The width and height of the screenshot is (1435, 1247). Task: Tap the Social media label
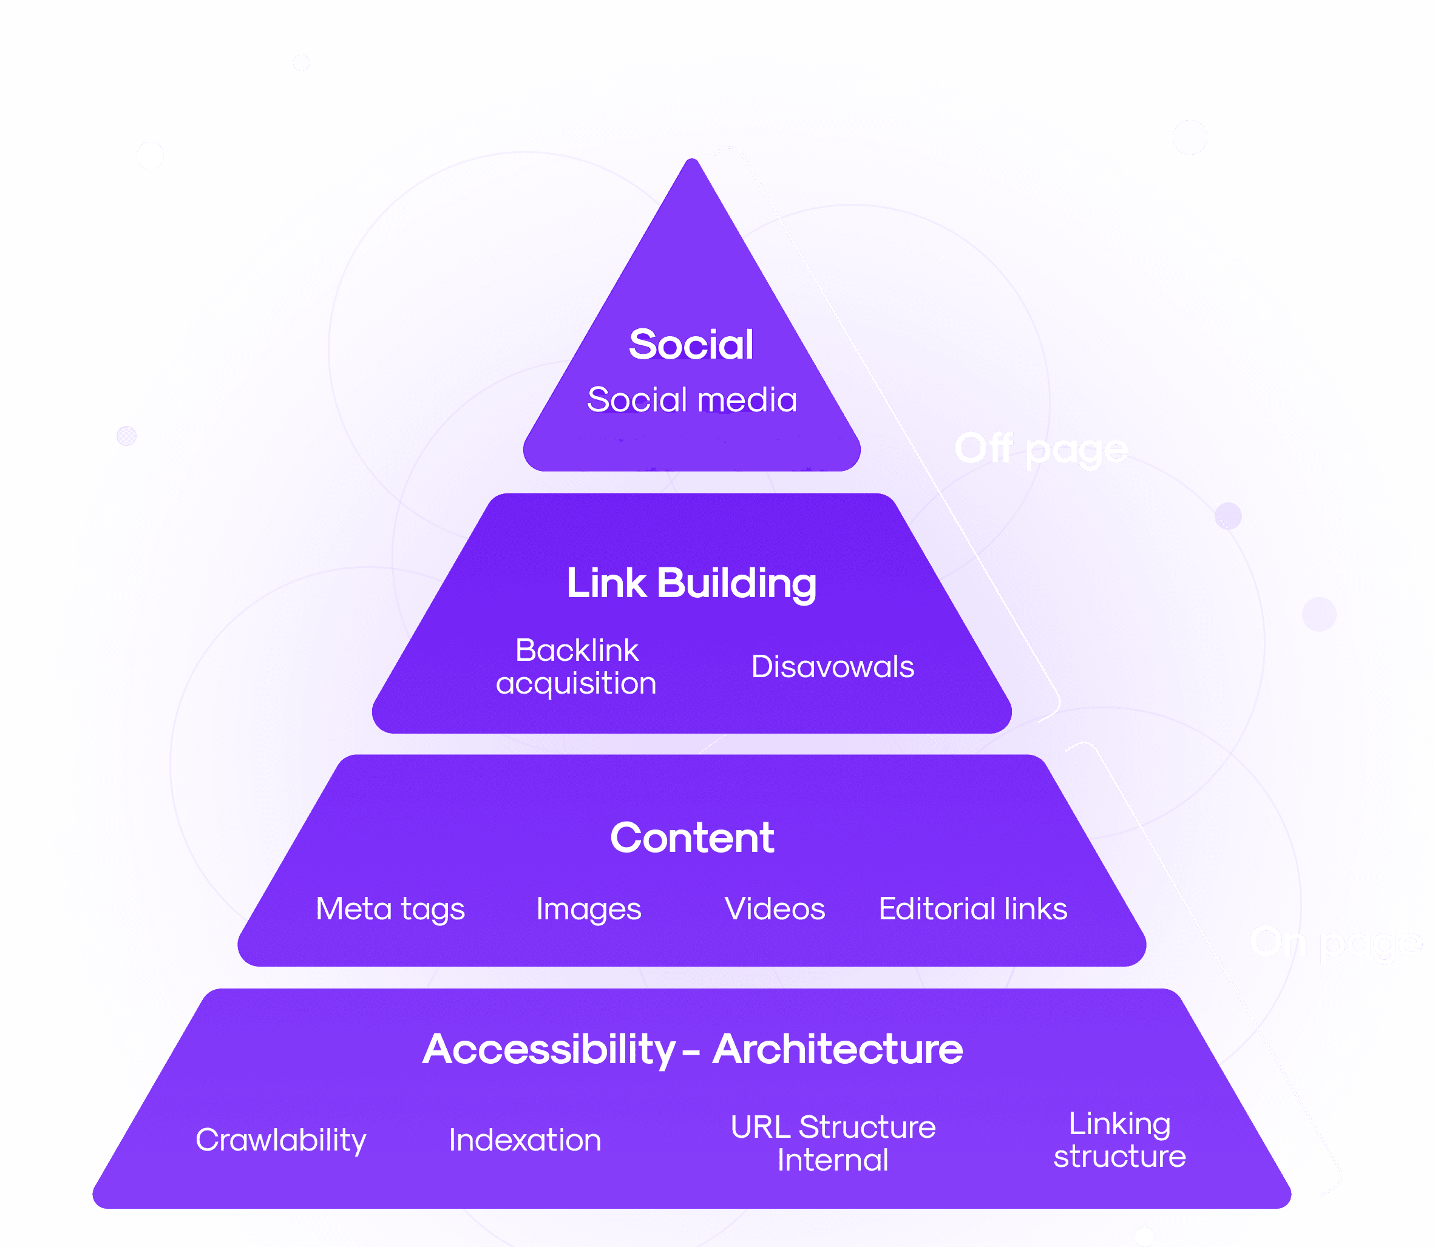pyautogui.click(x=692, y=400)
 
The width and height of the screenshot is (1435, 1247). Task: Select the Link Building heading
pyautogui.click(x=691, y=583)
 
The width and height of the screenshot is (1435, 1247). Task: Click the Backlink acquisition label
pyautogui.click(x=576, y=667)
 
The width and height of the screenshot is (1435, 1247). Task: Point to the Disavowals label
pyautogui.click(x=832, y=667)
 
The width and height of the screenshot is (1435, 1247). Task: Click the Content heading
pyautogui.click(x=692, y=837)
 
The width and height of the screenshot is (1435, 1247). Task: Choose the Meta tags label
pyautogui.click(x=390, y=909)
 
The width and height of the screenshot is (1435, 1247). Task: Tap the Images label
pyautogui.click(x=589, y=909)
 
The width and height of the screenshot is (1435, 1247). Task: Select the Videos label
pyautogui.click(x=775, y=909)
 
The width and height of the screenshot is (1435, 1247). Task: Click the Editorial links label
pyautogui.click(x=973, y=909)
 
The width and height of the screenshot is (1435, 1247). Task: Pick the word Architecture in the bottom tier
pyautogui.click(x=838, y=1049)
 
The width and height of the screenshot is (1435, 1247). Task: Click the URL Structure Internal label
pyautogui.click(x=833, y=1143)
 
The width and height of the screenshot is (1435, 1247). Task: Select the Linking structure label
pyautogui.click(x=1119, y=1140)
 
